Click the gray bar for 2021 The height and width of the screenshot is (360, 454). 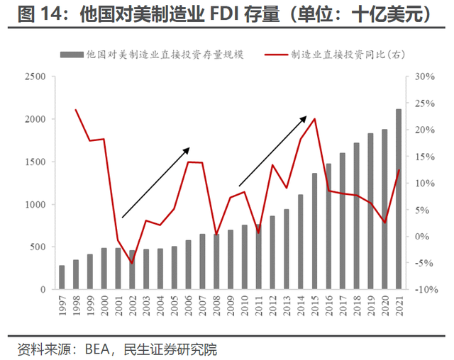pos(398,199)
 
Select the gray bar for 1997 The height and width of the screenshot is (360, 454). pos(62,278)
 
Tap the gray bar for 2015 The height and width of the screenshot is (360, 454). pos(314,231)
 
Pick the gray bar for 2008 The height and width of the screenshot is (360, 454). pos(216,261)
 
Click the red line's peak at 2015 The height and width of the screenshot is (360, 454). pos(314,118)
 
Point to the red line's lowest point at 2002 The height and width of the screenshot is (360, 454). pos(131,263)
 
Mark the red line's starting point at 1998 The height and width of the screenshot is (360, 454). pos(76,110)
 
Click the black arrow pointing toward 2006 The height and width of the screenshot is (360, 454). pos(155,182)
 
